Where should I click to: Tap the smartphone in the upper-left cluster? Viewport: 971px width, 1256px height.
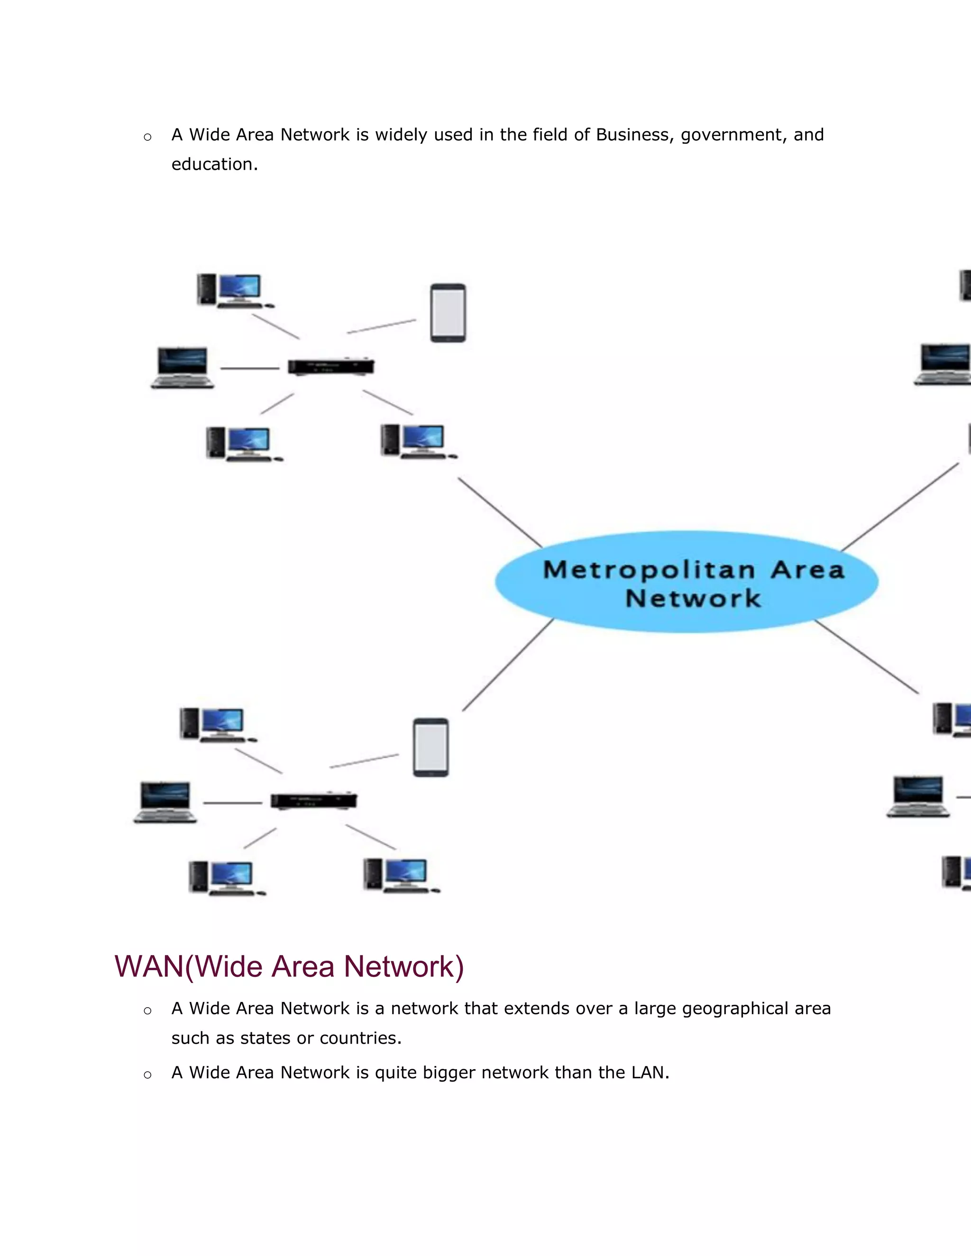click(448, 313)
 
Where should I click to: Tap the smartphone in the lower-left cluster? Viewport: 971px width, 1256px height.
click(431, 747)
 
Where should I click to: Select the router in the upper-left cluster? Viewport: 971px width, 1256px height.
click(331, 366)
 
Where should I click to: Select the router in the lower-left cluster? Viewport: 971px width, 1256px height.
click(313, 801)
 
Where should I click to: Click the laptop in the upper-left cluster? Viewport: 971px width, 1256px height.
click(183, 368)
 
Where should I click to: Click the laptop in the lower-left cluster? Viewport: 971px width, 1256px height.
click(165, 802)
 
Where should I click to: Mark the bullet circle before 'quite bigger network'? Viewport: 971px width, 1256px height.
click(147, 1074)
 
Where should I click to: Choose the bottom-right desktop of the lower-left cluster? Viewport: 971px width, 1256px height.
click(401, 875)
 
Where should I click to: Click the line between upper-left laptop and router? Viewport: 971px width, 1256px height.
click(250, 368)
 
